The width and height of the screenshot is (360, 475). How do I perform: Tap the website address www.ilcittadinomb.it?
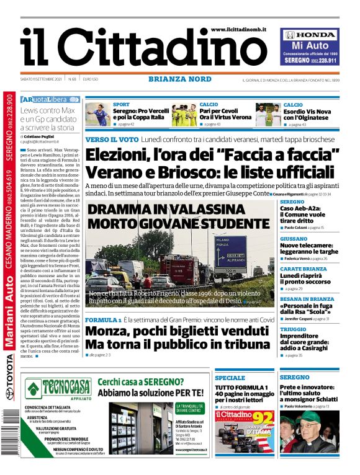[x=238, y=30]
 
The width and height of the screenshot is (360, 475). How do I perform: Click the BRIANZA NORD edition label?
[x=179, y=79]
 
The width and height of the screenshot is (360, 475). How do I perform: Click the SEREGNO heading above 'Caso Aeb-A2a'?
[x=292, y=202]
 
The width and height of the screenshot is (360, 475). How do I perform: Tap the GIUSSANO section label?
[x=294, y=239]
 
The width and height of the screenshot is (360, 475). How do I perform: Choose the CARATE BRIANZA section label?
[x=303, y=269]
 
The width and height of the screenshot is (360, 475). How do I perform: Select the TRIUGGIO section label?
[x=292, y=329]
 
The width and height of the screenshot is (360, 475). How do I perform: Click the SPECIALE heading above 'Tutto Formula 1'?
[x=230, y=378]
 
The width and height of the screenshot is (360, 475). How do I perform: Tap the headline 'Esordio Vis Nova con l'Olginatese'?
[x=315, y=115]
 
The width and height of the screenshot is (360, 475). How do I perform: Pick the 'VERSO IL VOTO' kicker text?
[x=111, y=139]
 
